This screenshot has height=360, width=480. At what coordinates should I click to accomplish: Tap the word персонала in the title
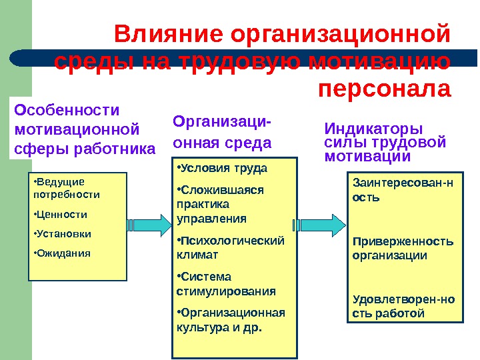pyautogui.click(x=385, y=88)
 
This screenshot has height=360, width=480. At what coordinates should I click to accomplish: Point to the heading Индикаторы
pyautogui.click(x=373, y=128)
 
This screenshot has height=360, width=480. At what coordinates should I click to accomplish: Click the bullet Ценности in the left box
pyautogui.click(x=60, y=215)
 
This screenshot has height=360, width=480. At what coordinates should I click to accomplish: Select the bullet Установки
pyautogui.click(x=62, y=234)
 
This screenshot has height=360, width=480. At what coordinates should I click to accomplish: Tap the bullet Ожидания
pyautogui.click(x=61, y=253)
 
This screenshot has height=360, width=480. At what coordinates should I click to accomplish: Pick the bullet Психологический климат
pyautogui.click(x=230, y=247)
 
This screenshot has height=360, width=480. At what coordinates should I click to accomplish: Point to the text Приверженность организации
pyautogui.click(x=403, y=248)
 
